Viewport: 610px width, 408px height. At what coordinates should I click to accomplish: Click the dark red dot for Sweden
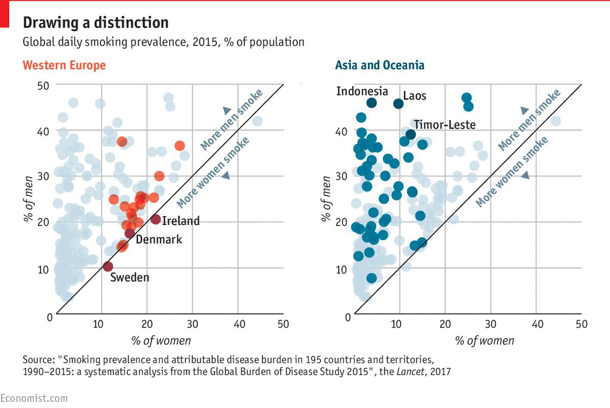[108, 266]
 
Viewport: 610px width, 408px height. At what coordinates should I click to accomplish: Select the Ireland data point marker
[156, 219]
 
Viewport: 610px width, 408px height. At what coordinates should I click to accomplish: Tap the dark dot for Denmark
[130, 234]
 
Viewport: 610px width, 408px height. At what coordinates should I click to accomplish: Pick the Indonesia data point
[372, 103]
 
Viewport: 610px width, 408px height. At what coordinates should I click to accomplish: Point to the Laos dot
[398, 104]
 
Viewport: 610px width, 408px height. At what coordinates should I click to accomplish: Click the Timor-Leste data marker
[411, 134]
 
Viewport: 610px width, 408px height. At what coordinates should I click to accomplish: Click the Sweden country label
[130, 278]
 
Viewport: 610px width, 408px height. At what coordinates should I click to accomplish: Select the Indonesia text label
[362, 91]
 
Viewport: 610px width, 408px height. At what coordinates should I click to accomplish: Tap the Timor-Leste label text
[444, 125]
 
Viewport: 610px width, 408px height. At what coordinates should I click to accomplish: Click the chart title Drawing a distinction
[95, 23]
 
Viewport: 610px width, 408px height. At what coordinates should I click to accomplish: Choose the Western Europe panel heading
[64, 65]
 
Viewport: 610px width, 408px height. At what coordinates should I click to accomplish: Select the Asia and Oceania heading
[379, 65]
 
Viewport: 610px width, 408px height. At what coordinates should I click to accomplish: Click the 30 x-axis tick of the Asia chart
[491, 324]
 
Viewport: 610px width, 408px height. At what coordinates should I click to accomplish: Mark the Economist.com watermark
[34, 398]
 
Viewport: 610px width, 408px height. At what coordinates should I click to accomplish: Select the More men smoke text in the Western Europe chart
[231, 120]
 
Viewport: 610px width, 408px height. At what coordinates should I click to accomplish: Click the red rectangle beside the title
[5, 14]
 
